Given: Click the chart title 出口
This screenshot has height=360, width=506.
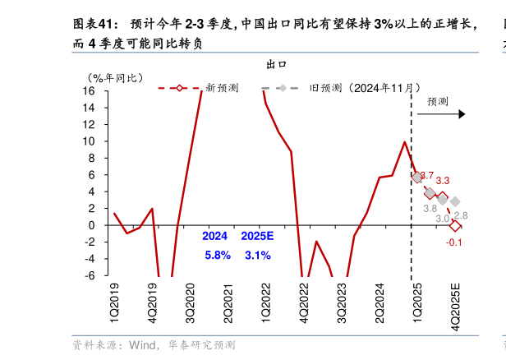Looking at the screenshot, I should (x=275, y=63).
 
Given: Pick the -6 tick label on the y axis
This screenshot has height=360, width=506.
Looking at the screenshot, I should (x=89, y=275).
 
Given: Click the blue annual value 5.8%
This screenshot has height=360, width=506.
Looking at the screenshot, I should (x=218, y=256).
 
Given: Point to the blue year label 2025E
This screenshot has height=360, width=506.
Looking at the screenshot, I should (x=257, y=237).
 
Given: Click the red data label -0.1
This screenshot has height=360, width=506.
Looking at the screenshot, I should (x=454, y=242).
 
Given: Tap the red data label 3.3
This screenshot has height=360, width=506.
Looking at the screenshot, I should (x=443, y=181).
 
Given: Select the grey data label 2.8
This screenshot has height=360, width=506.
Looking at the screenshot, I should (x=461, y=215).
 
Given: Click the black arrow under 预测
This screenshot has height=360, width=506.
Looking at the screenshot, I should (x=441, y=114).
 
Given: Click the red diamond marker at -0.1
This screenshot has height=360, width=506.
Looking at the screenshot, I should (x=455, y=226).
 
